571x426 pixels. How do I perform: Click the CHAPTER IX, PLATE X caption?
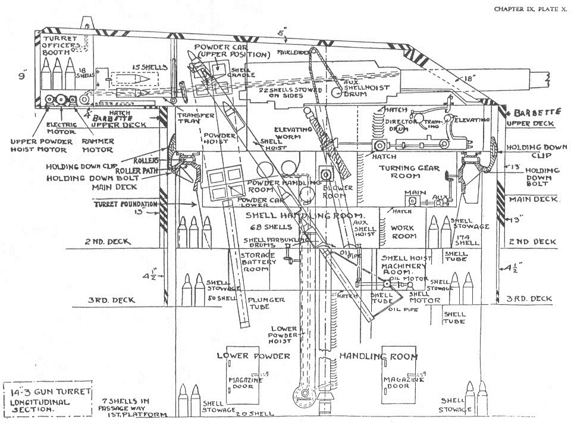point(531,9)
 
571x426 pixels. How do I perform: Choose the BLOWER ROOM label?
point(338,192)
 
